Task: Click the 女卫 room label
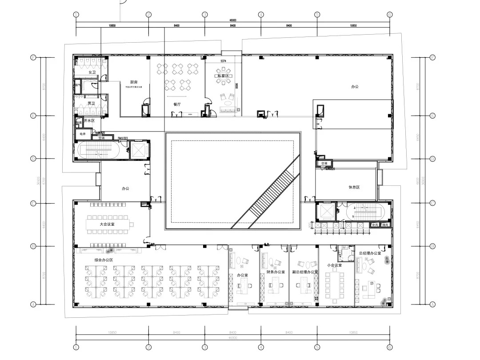[92, 72]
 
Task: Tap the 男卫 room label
[92, 103]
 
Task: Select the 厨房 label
[134, 82]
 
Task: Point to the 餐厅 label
[177, 104]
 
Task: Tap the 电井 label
[82, 133]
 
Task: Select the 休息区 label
[354, 187]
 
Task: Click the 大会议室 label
[107, 225]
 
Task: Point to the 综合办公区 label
[104, 260]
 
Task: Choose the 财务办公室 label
[276, 271]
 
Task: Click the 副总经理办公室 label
[305, 271]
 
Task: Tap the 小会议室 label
[334, 265]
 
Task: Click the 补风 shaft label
[375, 225]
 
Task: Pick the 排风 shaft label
[385, 225]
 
